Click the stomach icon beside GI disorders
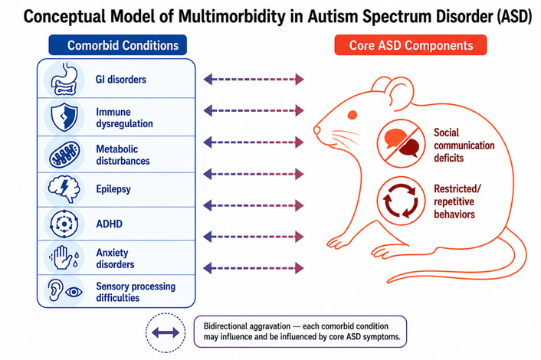pyautogui.click(x=64, y=79)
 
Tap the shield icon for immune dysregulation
pyautogui.click(x=64, y=117)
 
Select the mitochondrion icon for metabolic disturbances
pyautogui.click(x=64, y=154)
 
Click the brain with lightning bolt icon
pyautogui.click(x=64, y=189)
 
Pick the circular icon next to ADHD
pyautogui.click(x=64, y=224)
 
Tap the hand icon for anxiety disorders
pyautogui.click(x=63, y=257)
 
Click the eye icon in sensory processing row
pyautogui.click(x=74, y=292)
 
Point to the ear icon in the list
pyautogui.click(x=55, y=290)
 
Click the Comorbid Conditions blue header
pyautogui.click(x=118, y=45)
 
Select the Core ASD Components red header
pyautogui.click(x=411, y=45)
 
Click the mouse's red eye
pyautogui.click(x=352, y=115)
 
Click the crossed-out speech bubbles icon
pyautogui.click(x=401, y=143)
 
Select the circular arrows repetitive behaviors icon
pyautogui.click(x=401, y=201)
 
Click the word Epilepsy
pyautogui.click(x=113, y=189)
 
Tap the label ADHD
pyautogui.click(x=110, y=224)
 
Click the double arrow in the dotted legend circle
pyautogui.click(x=166, y=332)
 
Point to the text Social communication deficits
pyautogui.click(x=464, y=146)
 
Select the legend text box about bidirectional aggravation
pyautogui.click(x=300, y=332)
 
